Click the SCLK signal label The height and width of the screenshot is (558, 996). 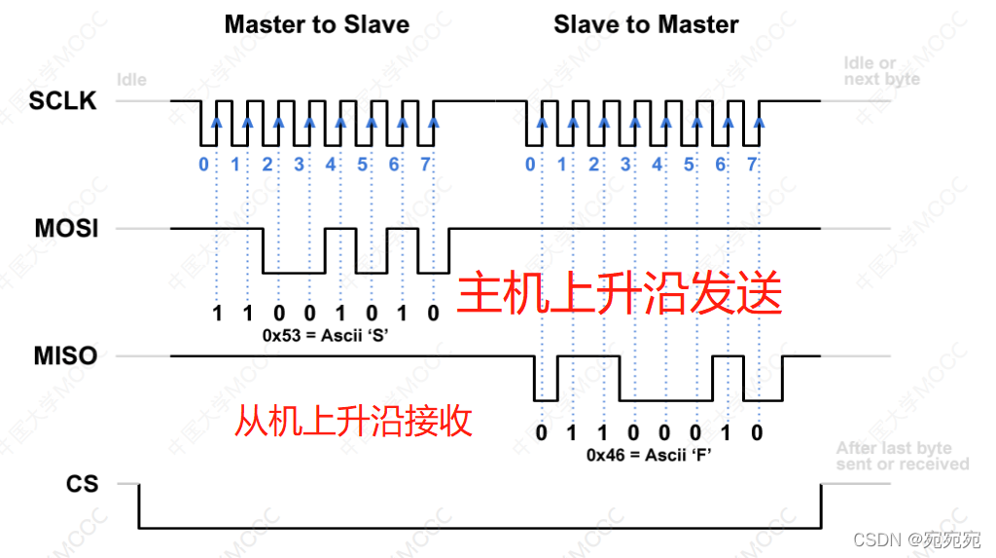pos(63,100)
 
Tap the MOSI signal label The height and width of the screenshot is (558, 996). pos(64,229)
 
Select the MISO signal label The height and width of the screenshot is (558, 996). pos(64,356)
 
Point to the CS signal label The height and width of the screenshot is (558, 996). pos(83,483)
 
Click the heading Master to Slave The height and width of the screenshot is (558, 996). pos(316,24)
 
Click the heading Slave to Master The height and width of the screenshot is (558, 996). pos(646,24)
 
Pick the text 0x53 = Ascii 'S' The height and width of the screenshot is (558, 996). pos(323,334)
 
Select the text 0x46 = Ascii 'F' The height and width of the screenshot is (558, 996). pos(650,454)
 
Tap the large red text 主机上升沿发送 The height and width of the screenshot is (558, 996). pos(620,292)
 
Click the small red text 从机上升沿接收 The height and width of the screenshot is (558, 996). pos(354,421)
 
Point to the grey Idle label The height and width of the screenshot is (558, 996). pos(131,79)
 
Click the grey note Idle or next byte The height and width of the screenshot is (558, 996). pos(881,71)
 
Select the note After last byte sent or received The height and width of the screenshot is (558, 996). pos(902,456)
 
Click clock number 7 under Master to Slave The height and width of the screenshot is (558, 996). pos(425,165)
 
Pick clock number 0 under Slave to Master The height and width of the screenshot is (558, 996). pos(530,165)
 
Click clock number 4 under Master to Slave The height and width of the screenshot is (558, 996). pos(331,165)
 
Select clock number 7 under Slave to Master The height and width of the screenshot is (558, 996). pos(752,165)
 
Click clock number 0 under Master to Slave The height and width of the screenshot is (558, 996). pos(203,165)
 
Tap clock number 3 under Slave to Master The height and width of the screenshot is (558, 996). pos(625,165)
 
